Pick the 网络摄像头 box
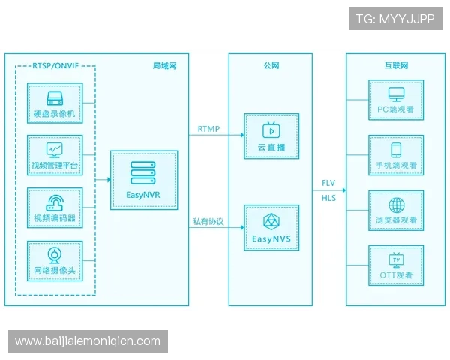(55, 261)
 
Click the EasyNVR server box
(144, 181)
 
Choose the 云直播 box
(271, 136)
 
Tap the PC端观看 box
(396, 100)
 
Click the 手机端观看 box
(396, 155)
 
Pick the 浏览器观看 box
(396, 210)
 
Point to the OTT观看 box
(396, 265)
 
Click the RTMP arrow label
(208, 129)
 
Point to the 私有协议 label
(208, 221)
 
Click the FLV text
(328, 184)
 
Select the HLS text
(328, 198)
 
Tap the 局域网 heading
(164, 66)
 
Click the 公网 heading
(271, 66)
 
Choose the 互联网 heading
(397, 66)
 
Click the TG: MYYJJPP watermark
(395, 19)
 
